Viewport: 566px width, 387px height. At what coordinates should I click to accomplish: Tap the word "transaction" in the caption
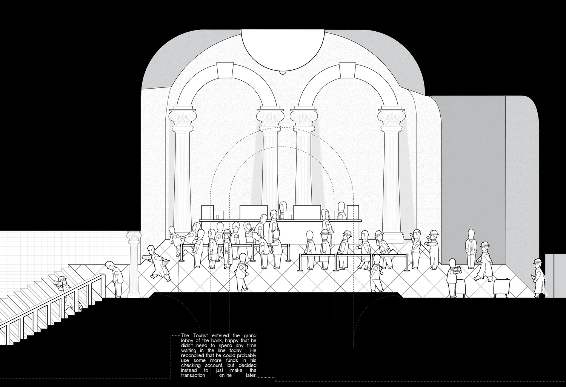(194, 375)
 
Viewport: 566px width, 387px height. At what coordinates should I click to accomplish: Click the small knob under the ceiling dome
(282, 73)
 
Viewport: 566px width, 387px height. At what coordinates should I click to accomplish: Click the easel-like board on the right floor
(502, 288)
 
